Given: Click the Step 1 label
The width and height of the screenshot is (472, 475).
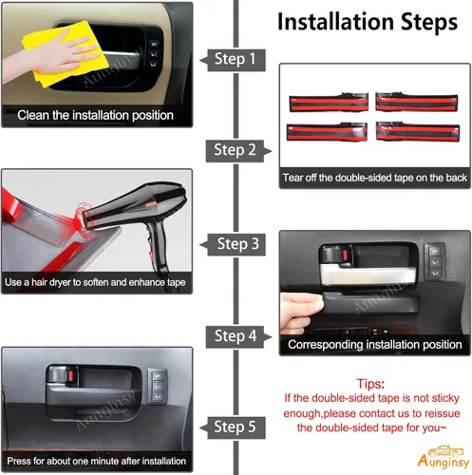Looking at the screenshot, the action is (235, 59).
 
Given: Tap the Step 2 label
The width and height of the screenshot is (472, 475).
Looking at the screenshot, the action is (235, 150).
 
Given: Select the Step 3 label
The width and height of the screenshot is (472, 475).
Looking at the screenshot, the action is (238, 244).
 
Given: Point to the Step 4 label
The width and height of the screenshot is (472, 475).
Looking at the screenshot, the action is (236, 336).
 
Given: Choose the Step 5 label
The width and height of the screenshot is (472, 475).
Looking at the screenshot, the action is (235, 427).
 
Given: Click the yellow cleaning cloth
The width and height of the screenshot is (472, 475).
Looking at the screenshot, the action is (66, 53).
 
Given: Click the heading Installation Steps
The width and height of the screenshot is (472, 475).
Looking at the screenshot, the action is (368, 22).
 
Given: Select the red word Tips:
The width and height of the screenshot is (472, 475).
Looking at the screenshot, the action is (370, 384).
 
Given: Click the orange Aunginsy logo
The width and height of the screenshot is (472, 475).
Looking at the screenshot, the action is (444, 457).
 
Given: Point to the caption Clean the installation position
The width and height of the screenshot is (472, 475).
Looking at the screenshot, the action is (95, 115).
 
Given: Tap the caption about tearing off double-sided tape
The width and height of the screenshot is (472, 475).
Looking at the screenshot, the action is (375, 178).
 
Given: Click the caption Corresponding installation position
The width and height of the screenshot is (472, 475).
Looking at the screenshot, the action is (375, 345).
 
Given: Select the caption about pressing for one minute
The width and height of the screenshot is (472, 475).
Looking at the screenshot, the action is (96, 461).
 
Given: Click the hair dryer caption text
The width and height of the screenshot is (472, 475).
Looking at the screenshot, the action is (95, 282).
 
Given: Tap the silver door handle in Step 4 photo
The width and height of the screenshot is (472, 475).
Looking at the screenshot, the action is (368, 275).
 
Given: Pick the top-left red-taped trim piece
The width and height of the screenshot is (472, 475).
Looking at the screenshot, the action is (329, 103).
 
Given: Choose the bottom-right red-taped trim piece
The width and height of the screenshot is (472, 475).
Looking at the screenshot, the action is (418, 132).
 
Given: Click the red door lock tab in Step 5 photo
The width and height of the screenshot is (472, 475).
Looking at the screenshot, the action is (70, 376).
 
